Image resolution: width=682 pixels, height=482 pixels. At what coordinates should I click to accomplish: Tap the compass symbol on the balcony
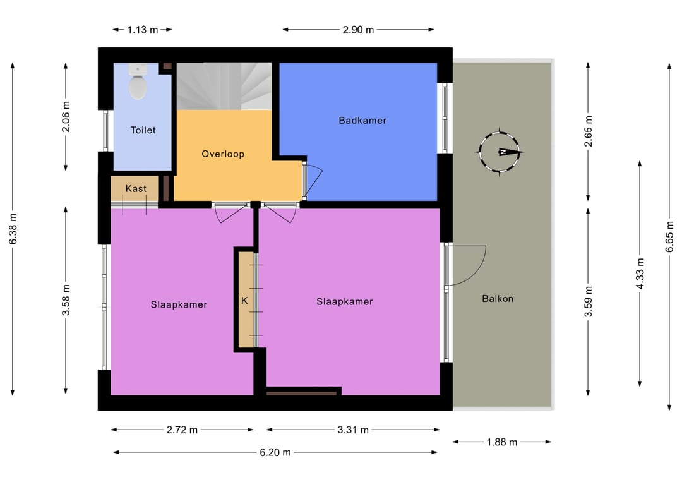500,152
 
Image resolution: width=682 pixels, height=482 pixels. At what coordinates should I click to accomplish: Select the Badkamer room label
362,121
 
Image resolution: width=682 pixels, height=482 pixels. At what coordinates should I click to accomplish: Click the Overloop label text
223,154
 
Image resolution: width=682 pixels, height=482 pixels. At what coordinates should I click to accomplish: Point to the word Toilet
143,130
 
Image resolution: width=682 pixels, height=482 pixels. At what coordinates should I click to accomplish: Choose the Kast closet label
136,188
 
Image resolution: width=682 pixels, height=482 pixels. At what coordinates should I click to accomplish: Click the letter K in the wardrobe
244,301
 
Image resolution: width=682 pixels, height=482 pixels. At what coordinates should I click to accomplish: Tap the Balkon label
498,299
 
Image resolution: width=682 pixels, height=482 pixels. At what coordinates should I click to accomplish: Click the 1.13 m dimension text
142,30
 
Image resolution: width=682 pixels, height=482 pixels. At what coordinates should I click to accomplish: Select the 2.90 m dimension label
358,30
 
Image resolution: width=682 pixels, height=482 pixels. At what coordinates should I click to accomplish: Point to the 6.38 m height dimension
13,229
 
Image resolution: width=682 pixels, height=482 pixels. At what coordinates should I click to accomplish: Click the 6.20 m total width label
275,452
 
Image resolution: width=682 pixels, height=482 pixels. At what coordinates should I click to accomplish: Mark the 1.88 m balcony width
501,442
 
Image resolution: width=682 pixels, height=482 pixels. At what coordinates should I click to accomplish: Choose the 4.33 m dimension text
640,273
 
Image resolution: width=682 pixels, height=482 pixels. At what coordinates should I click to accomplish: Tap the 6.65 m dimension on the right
669,236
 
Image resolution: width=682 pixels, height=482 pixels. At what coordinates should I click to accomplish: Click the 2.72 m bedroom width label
182,430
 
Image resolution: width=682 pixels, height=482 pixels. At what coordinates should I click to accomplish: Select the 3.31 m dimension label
353,430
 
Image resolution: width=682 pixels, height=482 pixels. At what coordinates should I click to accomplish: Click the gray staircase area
224,86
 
